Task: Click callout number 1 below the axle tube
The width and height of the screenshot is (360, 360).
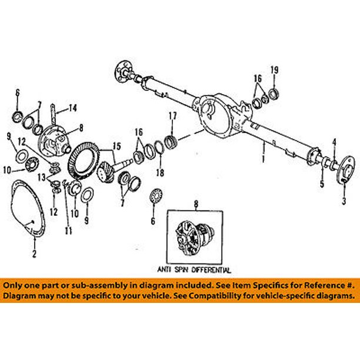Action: click(x=263, y=158)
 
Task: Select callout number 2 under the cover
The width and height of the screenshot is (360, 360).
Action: click(x=34, y=254)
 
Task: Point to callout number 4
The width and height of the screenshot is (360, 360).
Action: click(x=334, y=141)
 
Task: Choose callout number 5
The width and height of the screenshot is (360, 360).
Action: click(x=322, y=184)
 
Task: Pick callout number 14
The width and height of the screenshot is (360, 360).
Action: click(x=74, y=108)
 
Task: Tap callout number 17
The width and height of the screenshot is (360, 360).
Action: click(x=172, y=115)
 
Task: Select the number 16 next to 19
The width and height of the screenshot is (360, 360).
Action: click(x=258, y=78)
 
